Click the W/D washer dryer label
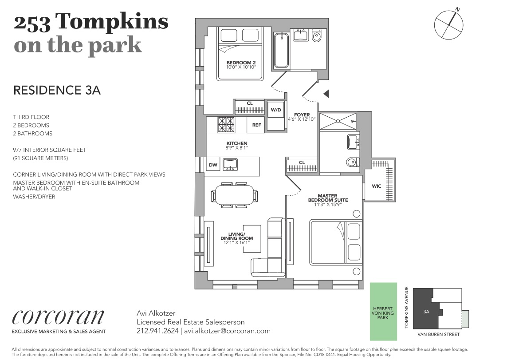276,110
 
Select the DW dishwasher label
213,165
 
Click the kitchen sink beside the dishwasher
230,164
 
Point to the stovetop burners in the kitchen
226,125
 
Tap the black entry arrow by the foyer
326,94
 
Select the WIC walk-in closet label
377,186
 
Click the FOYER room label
302,115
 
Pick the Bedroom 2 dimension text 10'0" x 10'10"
241,67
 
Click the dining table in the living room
234,195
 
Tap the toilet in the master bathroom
352,162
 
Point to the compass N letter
458,10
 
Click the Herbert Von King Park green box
383,312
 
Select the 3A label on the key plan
426,312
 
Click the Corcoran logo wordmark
58,316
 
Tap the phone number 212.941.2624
157,331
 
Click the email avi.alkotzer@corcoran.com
227,331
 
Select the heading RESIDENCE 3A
57,90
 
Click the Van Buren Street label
438,335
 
